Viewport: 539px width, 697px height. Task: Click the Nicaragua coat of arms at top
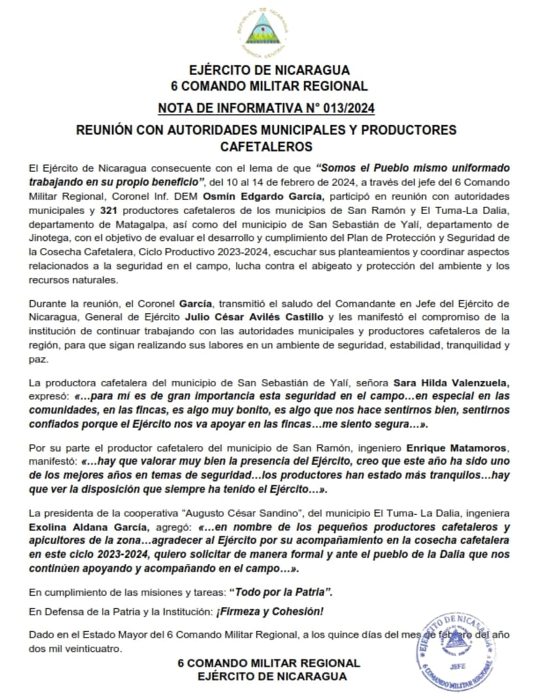(269, 33)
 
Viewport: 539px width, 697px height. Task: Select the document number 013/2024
(344, 108)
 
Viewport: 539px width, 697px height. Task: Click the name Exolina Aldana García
(86, 527)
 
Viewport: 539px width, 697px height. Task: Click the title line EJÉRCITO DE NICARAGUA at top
(269, 70)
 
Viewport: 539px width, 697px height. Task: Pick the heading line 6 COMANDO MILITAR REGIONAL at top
(269, 85)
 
